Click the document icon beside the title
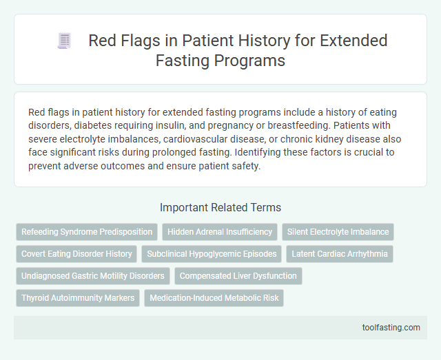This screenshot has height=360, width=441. tap(63, 41)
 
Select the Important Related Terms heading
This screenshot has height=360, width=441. tap(220, 207)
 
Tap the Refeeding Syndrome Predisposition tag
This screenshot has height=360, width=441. tap(87, 232)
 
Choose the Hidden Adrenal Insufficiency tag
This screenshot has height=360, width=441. tap(219, 232)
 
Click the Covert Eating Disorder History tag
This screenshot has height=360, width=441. tap(76, 254)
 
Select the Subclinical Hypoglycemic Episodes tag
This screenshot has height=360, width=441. tap(212, 254)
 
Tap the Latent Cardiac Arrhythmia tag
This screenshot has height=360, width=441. tap(339, 254)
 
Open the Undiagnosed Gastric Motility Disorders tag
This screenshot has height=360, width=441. tap(93, 276)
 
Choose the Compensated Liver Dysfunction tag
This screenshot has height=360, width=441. tap(238, 276)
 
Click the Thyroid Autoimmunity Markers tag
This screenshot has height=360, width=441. tap(77, 298)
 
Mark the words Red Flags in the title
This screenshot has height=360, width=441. tap(119, 41)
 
